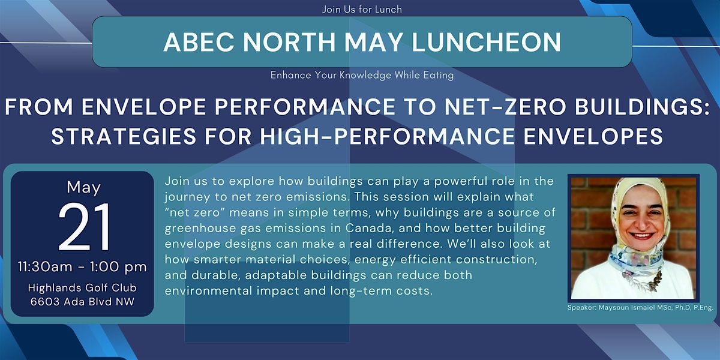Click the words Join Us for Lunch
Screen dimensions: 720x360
click(x=362, y=10)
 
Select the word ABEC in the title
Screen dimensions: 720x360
click(x=199, y=42)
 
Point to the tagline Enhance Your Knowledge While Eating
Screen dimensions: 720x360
click(x=362, y=75)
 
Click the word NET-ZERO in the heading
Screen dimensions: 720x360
click(x=505, y=107)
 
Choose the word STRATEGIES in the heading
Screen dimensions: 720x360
click(x=124, y=136)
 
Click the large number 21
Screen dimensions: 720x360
click(x=84, y=227)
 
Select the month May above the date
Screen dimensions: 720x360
click(x=83, y=188)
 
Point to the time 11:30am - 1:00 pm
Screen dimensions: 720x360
click(x=82, y=267)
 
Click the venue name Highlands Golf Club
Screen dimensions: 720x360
click(x=82, y=287)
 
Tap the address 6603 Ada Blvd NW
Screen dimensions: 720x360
click(x=82, y=302)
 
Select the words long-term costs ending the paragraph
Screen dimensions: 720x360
click(x=381, y=291)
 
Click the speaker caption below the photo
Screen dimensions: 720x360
click(x=640, y=308)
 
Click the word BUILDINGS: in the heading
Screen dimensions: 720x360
click(x=642, y=107)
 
